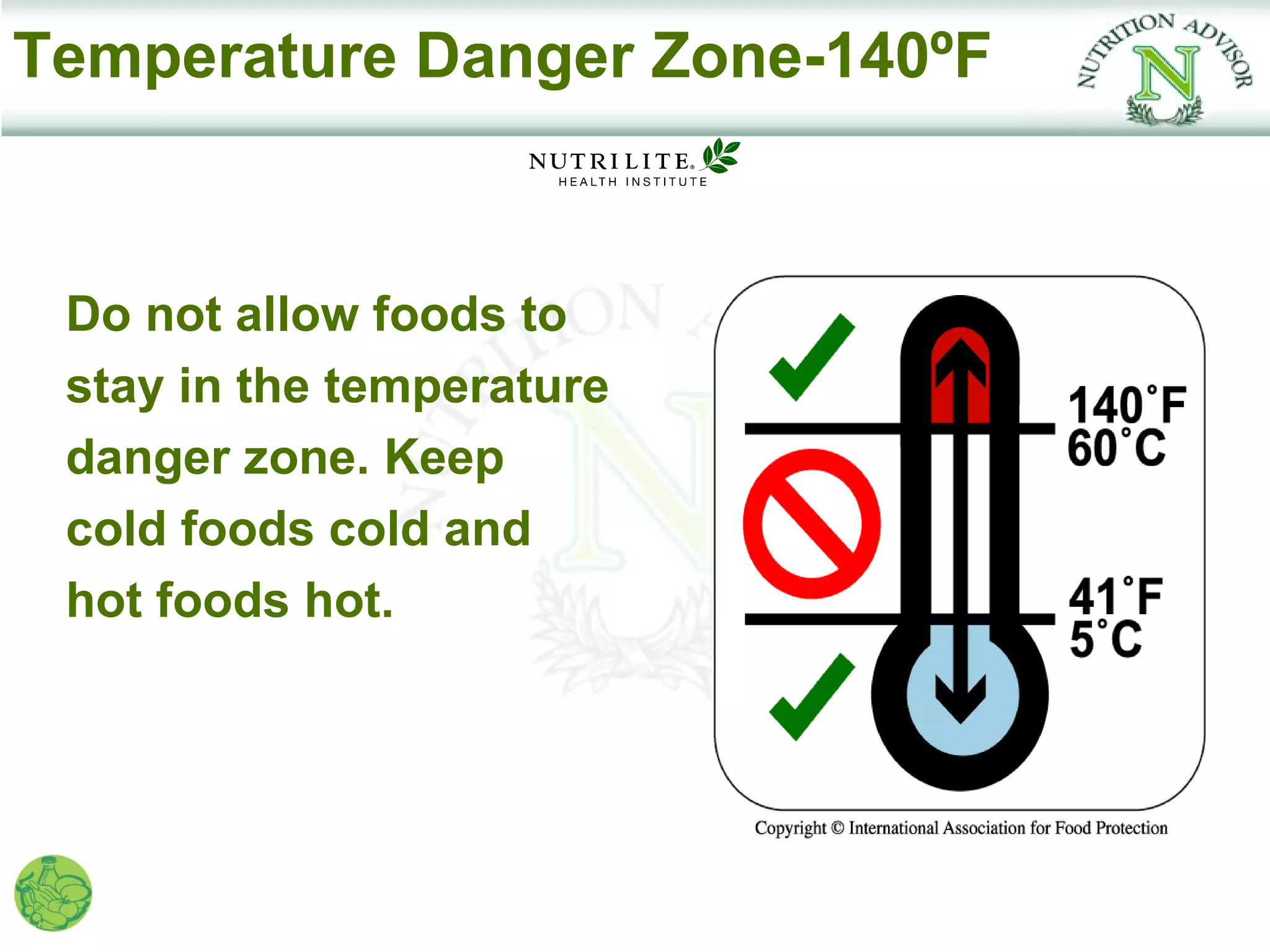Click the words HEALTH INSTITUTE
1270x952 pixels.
coord(633,182)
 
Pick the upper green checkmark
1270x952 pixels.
coord(811,358)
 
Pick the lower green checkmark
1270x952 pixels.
coord(811,697)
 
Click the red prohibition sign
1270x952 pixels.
coord(811,524)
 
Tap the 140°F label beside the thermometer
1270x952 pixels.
coord(1126,405)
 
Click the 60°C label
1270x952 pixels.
coord(1116,447)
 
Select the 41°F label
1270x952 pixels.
coord(1116,596)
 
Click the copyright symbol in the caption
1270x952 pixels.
coord(837,828)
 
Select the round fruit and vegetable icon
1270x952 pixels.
coord(53,893)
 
